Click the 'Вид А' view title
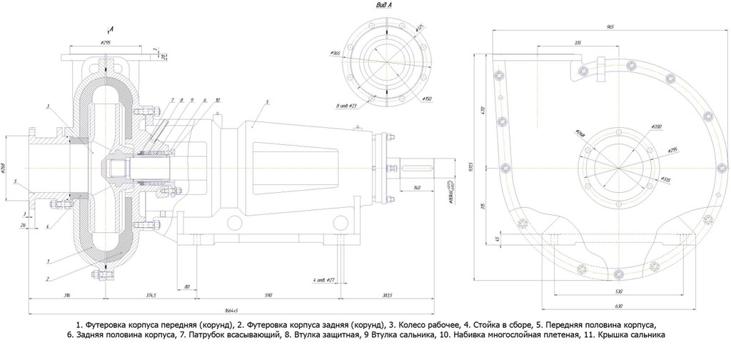click(384, 6)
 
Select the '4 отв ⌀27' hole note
click(323, 279)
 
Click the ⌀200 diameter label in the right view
click(655, 126)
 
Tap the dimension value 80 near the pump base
click(188, 286)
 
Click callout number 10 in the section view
click(217, 100)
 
